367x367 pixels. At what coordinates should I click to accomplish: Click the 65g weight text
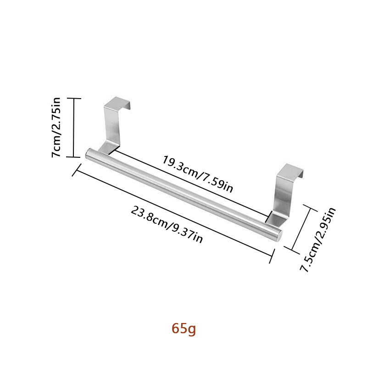pyautogui.click(x=183, y=329)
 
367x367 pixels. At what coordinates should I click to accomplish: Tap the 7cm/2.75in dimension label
pyautogui.click(x=57, y=127)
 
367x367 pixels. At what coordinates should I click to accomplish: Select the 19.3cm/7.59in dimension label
pyautogui.click(x=198, y=174)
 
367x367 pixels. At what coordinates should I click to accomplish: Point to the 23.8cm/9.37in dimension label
pyautogui.click(x=167, y=224)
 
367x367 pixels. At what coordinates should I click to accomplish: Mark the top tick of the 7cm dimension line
pyautogui.click(x=74, y=98)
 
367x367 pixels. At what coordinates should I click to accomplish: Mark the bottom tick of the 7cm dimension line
pyautogui.click(x=74, y=157)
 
